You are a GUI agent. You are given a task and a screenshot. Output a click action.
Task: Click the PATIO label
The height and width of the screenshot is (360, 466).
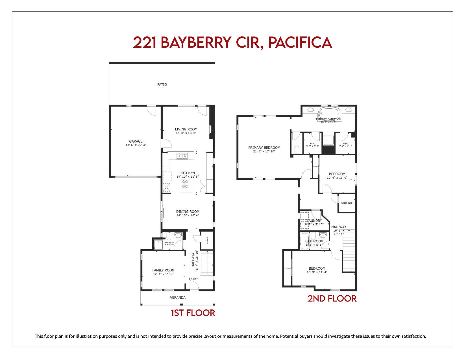162,85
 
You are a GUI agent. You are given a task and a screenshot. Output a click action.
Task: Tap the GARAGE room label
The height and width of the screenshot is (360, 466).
136,141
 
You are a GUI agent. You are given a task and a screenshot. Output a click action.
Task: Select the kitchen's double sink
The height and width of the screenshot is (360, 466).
182,156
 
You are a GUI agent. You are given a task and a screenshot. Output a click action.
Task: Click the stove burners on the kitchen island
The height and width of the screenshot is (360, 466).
185,184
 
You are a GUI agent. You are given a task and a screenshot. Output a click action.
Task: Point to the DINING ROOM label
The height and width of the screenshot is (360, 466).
188,212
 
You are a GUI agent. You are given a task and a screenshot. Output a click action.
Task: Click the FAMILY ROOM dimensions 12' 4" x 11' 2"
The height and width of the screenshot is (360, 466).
163,274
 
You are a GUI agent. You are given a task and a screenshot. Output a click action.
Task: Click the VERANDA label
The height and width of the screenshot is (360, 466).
178,298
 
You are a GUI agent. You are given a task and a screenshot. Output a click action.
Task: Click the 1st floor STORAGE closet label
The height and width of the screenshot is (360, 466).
207,240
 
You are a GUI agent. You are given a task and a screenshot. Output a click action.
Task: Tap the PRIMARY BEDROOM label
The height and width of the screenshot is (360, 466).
264,148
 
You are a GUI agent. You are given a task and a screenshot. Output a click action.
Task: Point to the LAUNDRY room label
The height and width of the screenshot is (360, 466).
314,221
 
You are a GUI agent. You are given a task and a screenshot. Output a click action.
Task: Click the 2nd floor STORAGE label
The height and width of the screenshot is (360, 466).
347,203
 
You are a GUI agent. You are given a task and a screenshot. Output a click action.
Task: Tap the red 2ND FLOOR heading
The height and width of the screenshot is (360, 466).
332,298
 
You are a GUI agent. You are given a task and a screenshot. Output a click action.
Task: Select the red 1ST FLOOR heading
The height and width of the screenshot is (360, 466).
193,313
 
